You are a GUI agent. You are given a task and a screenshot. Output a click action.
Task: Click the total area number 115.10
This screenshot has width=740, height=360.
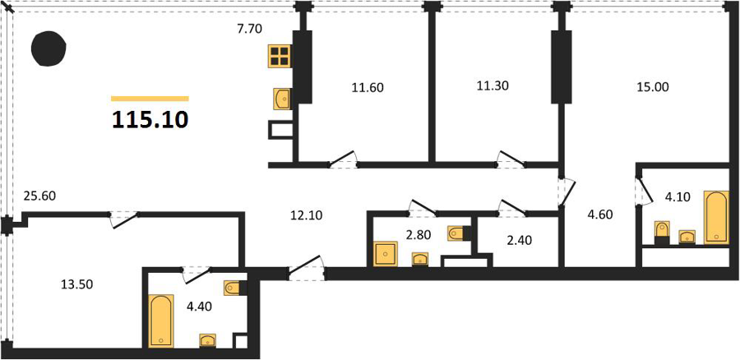pyautogui.click(x=150, y=120)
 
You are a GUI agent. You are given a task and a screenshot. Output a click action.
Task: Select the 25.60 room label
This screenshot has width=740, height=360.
pyautogui.click(x=39, y=196)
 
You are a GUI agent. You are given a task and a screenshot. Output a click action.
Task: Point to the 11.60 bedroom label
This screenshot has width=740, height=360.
pyautogui.click(x=368, y=87)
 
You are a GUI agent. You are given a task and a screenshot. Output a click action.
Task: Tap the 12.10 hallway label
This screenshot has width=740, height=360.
pyautogui.click(x=306, y=215)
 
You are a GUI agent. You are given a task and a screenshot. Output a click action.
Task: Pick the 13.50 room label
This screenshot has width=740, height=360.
pyautogui.click(x=77, y=284)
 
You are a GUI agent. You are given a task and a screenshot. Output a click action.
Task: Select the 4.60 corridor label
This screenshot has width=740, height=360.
pyautogui.click(x=599, y=215)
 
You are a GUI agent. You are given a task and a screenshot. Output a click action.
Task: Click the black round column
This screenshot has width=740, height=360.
pyautogui.click(x=49, y=48)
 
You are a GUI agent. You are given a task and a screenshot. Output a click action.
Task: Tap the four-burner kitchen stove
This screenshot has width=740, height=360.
pyautogui.click(x=280, y=56)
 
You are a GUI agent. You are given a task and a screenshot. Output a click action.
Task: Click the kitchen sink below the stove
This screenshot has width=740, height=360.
pyautogui.click(x=283, y=99)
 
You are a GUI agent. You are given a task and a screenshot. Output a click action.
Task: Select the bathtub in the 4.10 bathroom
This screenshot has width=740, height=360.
pyautogui.click(x=717, y=217)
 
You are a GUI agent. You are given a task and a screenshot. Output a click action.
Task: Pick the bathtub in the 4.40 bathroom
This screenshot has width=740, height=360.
pyautogui.click(x=162, y=321)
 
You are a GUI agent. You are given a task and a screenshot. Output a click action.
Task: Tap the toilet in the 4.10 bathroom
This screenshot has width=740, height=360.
pyautogui.click(x=662, y=232)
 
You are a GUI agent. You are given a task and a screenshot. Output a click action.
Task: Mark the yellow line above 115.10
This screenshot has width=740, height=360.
pyautogui.click(x=150, y=99)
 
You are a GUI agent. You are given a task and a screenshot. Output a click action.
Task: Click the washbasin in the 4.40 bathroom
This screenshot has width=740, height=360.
pyautogui.click(x=208, y=340)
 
